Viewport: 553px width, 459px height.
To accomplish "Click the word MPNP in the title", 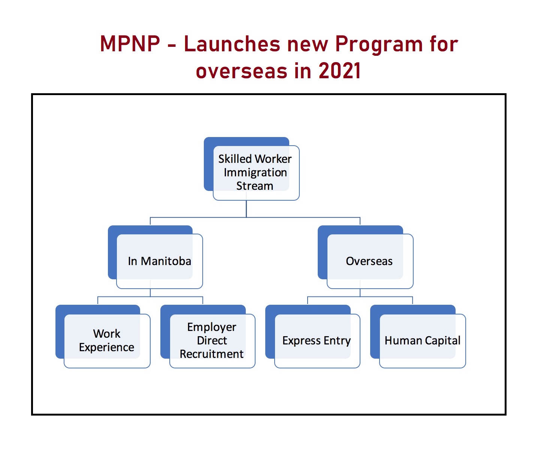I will pos(130,44).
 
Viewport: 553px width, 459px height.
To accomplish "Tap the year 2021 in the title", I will pos(339,71).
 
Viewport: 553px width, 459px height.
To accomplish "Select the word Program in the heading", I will pos(379,44).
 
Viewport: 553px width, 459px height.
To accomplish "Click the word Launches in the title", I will pos(232,44).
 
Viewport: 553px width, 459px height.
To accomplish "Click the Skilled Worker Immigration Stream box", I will pos(255,172).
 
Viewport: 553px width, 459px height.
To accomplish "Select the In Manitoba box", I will pos(159,261).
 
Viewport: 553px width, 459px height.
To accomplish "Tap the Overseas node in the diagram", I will pos(369,261).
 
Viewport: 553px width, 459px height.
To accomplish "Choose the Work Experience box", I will pos(106,340).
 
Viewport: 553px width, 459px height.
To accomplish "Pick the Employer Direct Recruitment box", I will pos(212,340).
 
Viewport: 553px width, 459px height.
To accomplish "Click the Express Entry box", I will pos(317,340).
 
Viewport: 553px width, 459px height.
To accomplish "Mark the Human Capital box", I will pos(422,340).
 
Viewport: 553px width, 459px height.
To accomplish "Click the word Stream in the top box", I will pos(255,186).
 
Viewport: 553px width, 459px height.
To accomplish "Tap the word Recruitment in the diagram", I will pos(212,354).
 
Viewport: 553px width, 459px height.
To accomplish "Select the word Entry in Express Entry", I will pos(337,341).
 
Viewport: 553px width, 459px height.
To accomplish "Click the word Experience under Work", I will pos(106,347).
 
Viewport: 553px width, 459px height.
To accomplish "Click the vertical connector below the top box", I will pos(246,209).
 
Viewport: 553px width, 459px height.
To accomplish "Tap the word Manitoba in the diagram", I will pos(166,261).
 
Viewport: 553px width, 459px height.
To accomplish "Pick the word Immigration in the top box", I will pos(255,173).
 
